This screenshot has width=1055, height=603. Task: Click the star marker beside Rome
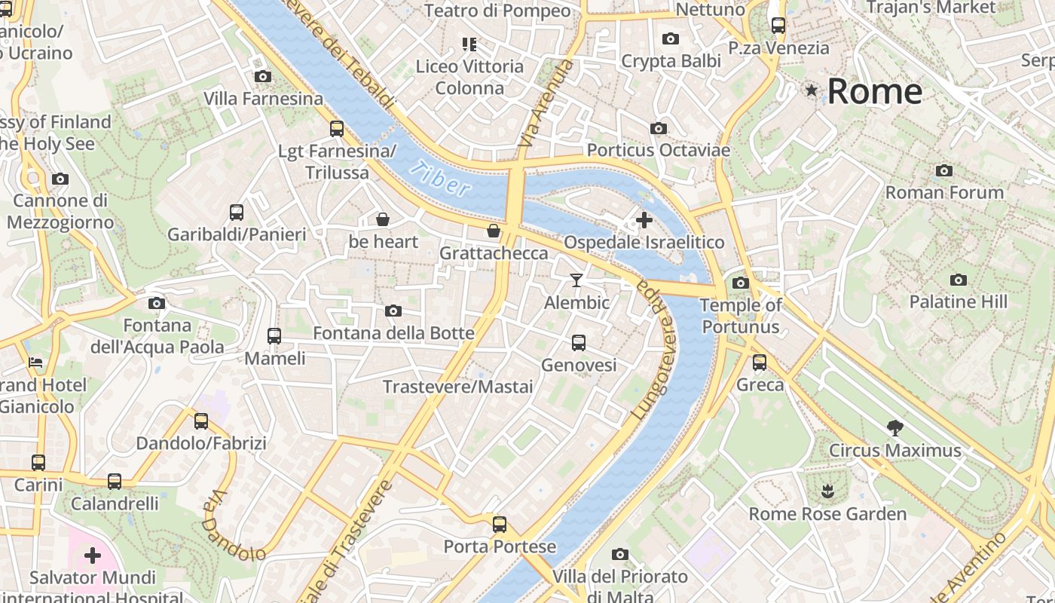pyautogui.click(x=812, y=91)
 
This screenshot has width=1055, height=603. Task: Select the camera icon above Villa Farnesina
pyautogui.click(x=263, y=76)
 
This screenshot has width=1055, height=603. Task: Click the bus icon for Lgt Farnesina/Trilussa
pyautogui.click(x=337, y=129)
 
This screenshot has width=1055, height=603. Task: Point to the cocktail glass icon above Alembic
pyautogui.click(x=576, y=280)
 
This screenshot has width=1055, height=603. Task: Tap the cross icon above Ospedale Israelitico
pyautogui.click(x=644, y=220)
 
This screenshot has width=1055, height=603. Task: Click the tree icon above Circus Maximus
pyautogui.click(x=895, y=428)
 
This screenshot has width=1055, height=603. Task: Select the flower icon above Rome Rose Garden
pyautogui.click(x=827, y=491)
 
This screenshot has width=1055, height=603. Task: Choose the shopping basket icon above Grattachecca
pyautogui.click(x=494, y=231)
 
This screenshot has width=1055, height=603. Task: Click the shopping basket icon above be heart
pyautogui.click(x=383, y=219)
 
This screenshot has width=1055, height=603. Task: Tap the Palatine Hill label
pyautogui.click(x=958, y=302)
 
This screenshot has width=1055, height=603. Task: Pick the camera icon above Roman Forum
pyautogui.click(x=944, y=170)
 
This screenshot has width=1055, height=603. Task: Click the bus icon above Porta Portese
pyautogui.click(x=499, y=524)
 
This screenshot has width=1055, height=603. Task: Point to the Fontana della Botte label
pyautogui.click(x=393, y=333)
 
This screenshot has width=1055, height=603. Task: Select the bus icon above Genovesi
pyautogui.click(x=579, y=343)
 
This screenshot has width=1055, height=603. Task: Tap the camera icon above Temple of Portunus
pyautogui.click(x=741, y=283)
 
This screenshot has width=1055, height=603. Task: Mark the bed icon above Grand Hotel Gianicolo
pyautogui.click(x=35, y=363)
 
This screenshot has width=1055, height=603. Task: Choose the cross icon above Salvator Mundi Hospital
pyautogui.click(x=93, y=556)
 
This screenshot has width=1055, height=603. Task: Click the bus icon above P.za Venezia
pyautogui.click(x=778, y=26)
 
